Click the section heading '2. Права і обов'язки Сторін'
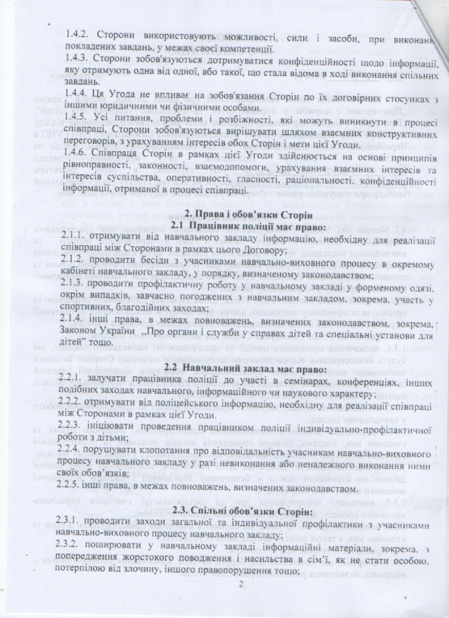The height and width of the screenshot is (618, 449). (247, 213)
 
